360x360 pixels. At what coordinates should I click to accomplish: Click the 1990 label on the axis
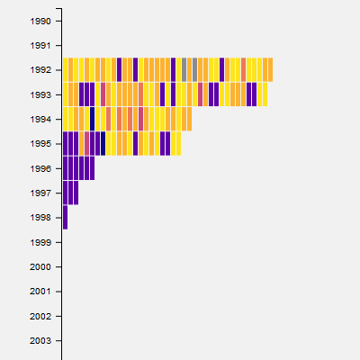coord(40,22)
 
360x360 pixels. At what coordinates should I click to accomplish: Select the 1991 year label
coord(40,46)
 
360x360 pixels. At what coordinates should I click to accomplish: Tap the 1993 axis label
coord(40,94)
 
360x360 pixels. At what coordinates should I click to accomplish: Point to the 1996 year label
coord(40,168)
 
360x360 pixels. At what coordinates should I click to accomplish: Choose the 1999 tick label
coord(40,242)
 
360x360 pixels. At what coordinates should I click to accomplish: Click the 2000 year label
coord(40,267)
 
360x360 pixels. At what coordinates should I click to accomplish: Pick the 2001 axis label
coord(40,292)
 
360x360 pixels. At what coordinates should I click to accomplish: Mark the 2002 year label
coord(40,316)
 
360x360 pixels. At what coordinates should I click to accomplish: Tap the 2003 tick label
coord(40,341)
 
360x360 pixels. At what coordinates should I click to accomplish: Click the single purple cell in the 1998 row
coord(65,217)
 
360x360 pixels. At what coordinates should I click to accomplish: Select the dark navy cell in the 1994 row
coord(92,119)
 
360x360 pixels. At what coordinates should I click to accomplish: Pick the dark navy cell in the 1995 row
coord(103,143)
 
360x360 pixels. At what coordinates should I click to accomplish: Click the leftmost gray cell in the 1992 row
coord(184,69)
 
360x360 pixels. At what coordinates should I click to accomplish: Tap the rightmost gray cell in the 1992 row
coord(194,69)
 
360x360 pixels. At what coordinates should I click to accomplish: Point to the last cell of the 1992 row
coord(270,69)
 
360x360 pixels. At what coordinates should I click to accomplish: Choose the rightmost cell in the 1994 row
coord(189,119)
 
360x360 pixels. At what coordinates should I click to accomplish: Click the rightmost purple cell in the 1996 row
coord(92,168)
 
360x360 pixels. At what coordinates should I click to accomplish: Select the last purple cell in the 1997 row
coord(76,193)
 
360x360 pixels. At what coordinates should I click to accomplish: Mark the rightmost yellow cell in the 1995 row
coord(178,143)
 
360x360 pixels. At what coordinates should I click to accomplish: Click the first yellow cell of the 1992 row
coord(65,69)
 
